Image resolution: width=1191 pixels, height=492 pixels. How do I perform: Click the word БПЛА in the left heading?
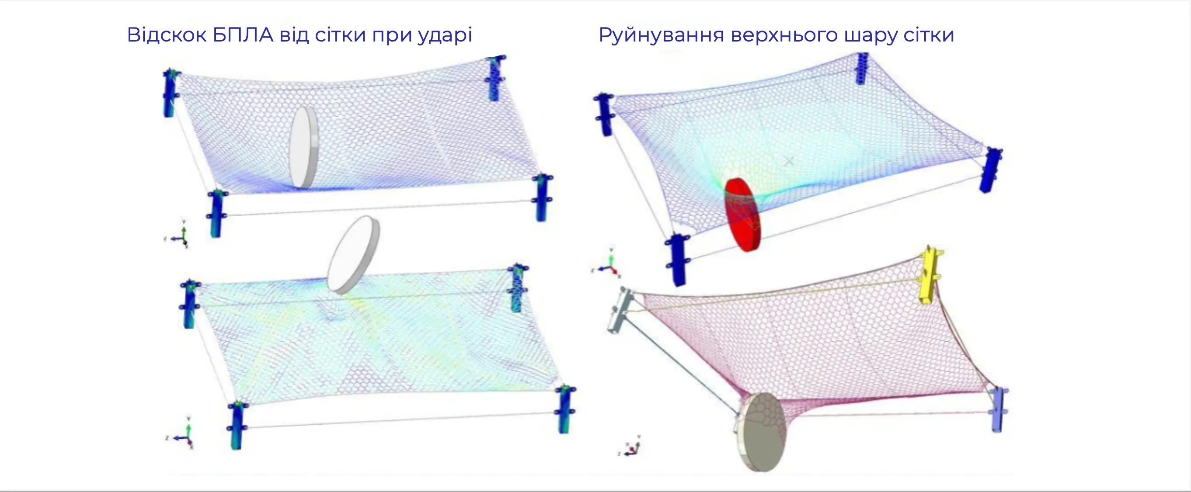[243, 35]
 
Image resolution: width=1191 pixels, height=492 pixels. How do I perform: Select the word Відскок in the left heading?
[167, 35]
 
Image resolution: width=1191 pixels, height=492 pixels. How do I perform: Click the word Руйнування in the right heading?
[661, 36]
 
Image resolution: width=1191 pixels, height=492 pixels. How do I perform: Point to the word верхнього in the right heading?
[784, 35]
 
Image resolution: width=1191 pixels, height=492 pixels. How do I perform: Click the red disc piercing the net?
[742, 215]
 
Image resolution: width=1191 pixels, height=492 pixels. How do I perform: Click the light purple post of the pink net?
[999, 409]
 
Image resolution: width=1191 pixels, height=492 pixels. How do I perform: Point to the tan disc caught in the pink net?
[761, 433]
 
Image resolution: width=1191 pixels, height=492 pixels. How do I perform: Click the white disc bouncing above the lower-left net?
[354, 255]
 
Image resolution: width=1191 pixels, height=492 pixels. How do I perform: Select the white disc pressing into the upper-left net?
[304, 147]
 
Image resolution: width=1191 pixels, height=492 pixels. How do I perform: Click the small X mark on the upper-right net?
[789, 161]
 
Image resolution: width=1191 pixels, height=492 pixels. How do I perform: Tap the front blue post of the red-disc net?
[677, 260]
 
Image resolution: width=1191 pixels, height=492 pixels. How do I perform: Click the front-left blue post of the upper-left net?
[216, 213]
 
